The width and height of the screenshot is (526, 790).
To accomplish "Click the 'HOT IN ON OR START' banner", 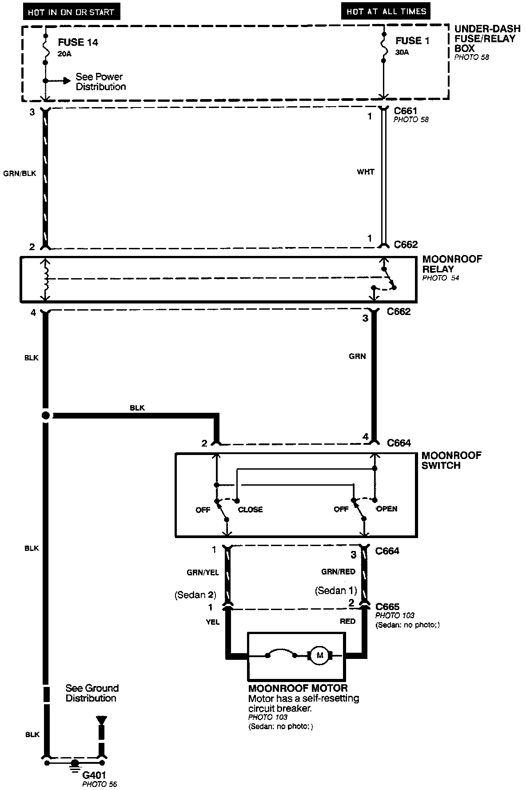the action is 71,12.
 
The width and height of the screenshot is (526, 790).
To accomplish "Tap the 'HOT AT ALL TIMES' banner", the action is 386,12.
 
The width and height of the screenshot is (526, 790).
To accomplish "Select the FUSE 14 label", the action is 78,43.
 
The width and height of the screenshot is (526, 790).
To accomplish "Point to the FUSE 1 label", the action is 412,41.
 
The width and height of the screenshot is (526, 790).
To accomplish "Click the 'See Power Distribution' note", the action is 100,82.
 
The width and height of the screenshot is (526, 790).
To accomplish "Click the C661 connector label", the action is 406,111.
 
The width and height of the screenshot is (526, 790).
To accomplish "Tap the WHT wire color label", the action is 366,172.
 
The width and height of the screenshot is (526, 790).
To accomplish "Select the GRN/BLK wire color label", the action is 20,173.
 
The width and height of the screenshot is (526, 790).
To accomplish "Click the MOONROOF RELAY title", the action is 452,264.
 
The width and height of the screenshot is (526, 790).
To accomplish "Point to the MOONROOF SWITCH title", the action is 451,460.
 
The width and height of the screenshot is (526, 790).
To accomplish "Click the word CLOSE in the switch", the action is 250,510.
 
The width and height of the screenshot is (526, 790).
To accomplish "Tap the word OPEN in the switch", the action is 387,509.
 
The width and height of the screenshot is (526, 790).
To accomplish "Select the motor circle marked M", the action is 319,655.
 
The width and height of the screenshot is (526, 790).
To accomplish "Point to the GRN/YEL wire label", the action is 203,573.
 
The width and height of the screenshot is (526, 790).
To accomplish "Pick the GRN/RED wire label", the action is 339,572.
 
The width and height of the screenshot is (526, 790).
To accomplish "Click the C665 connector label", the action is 387,606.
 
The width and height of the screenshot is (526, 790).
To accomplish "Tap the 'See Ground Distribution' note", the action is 92,693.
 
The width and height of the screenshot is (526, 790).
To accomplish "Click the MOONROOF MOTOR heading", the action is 298,689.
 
